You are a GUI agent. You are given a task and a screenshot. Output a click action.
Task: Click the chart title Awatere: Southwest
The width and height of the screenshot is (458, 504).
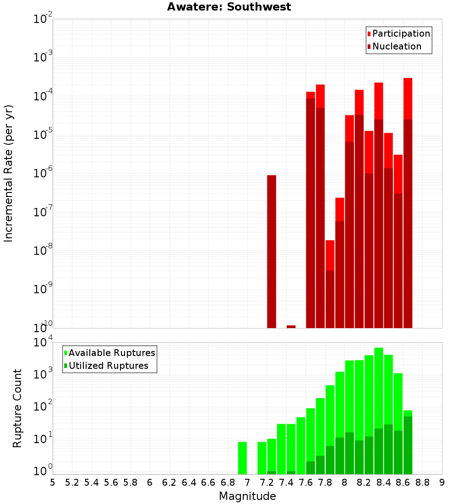pyautogui.click(x=229, y=7)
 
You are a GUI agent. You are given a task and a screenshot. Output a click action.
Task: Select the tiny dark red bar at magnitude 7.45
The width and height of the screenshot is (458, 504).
pyautogui.click(x=291, y=326)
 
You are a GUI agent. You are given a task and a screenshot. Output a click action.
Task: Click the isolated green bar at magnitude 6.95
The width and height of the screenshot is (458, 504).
pyautogui.click(x=242, y=458)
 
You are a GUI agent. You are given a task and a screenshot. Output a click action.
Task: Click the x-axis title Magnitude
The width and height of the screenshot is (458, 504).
pyautogui.click(x=247, y=496)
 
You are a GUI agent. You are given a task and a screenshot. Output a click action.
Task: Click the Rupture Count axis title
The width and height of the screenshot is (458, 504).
pyautogui.click(x=17, y=408)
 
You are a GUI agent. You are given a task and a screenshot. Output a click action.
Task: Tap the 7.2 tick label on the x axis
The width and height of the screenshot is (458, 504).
pyautogui.click(x=267, y=482)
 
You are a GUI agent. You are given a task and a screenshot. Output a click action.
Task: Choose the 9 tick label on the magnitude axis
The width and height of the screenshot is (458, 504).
pyautogui.click(x=442, y=482)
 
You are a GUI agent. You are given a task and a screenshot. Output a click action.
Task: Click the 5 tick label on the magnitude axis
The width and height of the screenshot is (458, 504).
pyautogui.click(x=53, y=482)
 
